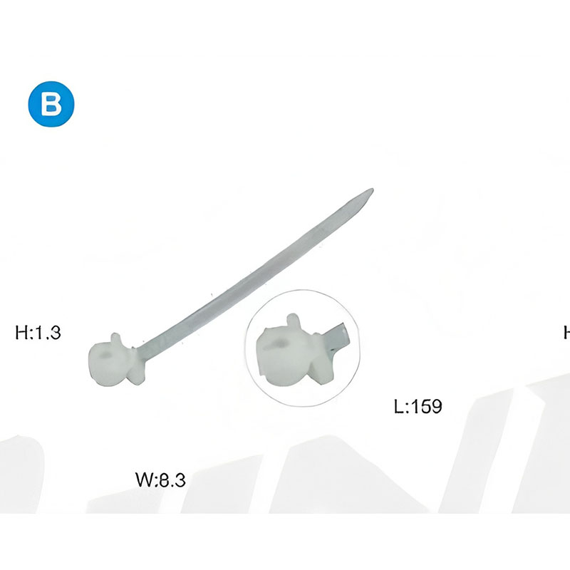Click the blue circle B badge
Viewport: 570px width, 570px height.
[x=51, y=104]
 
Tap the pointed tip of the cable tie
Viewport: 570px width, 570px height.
[x=372, y=190]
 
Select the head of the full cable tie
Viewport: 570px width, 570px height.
[x=116, y=361]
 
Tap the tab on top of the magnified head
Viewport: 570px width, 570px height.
[x=294, y=320]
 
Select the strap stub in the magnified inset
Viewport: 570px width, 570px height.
[x=337, y=337]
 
